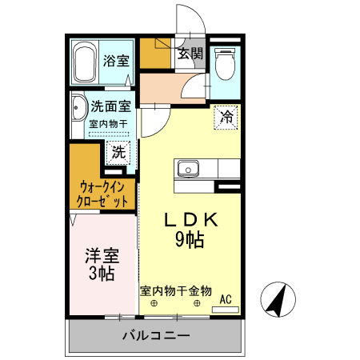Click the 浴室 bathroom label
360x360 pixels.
click(x=117, y=60)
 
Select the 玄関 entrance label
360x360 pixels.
click(x=190, y=54)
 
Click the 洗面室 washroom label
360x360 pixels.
click(x=110, y=106)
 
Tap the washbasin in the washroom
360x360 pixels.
click(x=78, y=112)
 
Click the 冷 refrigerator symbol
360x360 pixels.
click(x=227, y=117)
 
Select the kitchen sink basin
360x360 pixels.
click(x=190, y=169)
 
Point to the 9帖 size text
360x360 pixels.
click(x=190, y=238)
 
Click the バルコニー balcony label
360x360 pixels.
click(x=155, y=336)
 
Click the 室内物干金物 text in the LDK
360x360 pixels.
click(x=176, y=290)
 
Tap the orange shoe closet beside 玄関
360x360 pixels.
click(x=155, y=52)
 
